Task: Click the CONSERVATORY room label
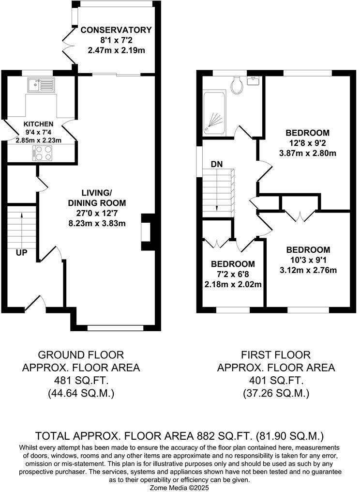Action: click(116, 30)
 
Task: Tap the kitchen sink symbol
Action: click(41, 86)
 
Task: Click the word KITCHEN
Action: click(39, 124)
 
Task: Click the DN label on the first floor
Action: click(216, 164)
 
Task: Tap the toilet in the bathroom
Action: click(237, 85)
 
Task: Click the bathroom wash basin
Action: click(254, 80)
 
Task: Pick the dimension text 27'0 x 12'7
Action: click(97, 213)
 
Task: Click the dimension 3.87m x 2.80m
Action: click(307, 153)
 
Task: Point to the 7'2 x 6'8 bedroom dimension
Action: click(233, 274)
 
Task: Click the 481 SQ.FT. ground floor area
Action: click(81, 381)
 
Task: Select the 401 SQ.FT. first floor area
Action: click(276, 381)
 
